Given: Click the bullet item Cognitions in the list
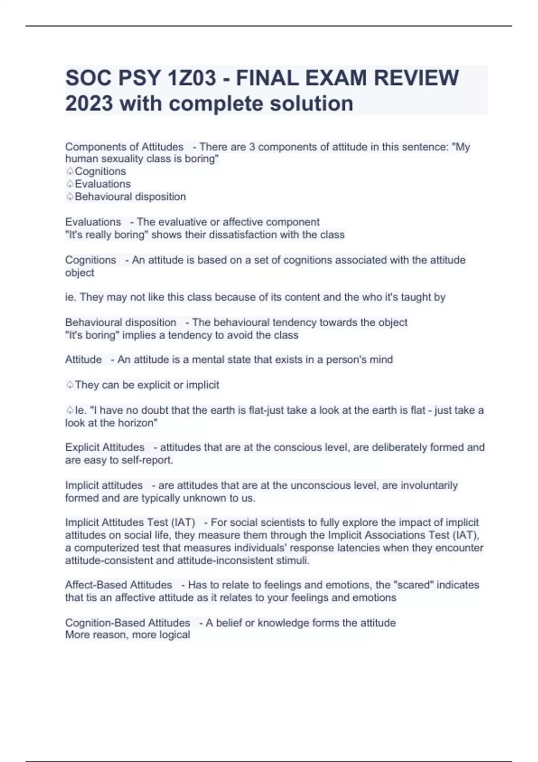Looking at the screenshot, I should [x=100, y=171].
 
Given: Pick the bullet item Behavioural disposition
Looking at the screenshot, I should [x=130, y=197].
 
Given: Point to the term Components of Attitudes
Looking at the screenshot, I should [x=124, y=147].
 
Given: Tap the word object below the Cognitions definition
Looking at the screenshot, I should [x=79, y=273].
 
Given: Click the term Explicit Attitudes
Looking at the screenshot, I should [x=104, y=447].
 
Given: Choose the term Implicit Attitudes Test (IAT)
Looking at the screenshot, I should [x=130, y=523].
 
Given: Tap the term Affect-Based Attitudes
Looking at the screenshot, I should [x=118, y=585].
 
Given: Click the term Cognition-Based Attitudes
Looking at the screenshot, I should [x=127, y=623].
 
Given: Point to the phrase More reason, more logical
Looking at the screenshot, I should [x=127, y=635].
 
